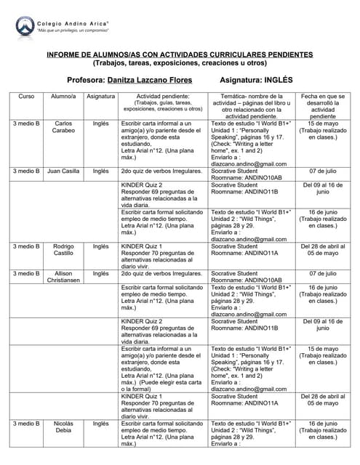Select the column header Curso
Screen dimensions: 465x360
pyautogui.click(x=26, y=96)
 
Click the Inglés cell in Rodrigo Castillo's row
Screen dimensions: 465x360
pyautogui.click(x=100, y=246)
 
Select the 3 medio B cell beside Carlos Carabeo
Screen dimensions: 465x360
pyautogui.click(x=26, y=124)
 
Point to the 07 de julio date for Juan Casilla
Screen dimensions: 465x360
pyautogui.click(x=323, y=171)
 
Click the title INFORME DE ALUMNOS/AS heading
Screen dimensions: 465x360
pyautogui.click(x=179, y=54)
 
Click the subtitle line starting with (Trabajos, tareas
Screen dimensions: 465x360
pyautogui.click(x=179, y=62)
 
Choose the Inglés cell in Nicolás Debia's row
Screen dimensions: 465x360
pyautogui.click(x=100, y=423)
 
